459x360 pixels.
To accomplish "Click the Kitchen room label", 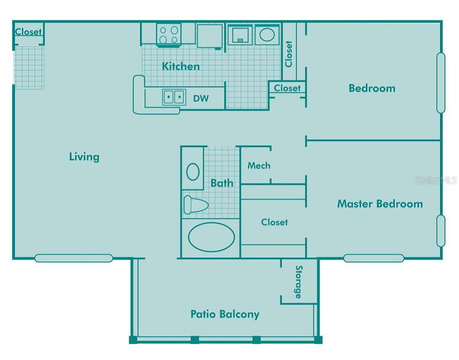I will click(181, 66).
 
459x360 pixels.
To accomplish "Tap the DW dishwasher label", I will click(201, 99).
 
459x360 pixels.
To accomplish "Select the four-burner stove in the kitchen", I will click(169, 35).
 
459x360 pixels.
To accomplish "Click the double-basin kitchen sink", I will click(174, 97).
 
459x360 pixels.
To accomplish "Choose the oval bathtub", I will click(211, 237).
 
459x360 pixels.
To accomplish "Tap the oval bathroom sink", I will click(193, 172).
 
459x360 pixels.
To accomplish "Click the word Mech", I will click(259, 165).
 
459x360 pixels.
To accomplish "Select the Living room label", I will click(84, 156).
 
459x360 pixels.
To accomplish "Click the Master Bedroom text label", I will click(380, 204).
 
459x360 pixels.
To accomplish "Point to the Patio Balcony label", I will click(225, 314).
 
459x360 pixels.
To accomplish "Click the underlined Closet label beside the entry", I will click(29, 32).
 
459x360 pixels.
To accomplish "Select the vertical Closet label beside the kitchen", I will click(289, 54).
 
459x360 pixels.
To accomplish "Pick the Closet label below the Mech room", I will click(274, 222).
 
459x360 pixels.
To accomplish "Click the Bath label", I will click(222, 183).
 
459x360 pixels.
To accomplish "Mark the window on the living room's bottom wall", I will click(74, 258).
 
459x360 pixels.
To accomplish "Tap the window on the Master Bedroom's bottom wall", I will click(373, 258).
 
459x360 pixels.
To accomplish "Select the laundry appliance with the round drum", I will click(267, 35).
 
